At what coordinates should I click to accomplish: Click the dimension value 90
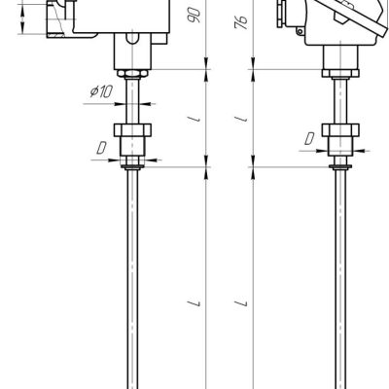click(194, 15)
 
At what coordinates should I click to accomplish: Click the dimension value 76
click(241, 22)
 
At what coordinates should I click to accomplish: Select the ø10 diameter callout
click(101, 91)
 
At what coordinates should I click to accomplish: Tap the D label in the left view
click(101, 149)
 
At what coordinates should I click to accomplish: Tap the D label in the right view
click(309, 139)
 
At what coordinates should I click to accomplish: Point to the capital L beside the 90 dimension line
click(194, 303)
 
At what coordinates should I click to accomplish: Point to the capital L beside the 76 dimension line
click(241, 303)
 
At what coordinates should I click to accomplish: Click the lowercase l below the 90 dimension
click(194, 119)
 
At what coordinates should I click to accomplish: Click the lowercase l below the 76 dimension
click(242, 119)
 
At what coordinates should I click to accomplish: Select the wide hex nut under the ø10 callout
click(132, 130)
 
